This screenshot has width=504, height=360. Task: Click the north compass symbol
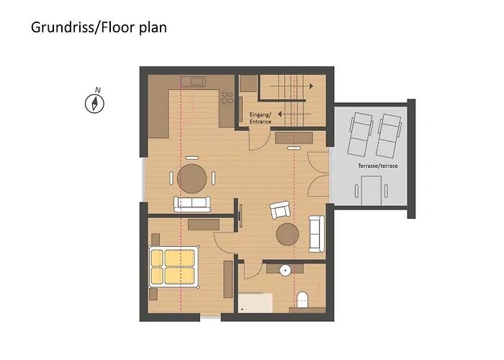pyautogui.click(x=95, y=102)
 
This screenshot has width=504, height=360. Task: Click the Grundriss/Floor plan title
pyautogui.click(x=99, y=28)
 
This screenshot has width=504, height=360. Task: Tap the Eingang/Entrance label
pyautogui.click(x=261, y=118)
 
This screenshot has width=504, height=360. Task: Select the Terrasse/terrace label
pyautogui.click(x=378, y=166)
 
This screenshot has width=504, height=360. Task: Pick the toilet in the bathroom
pyautogui.click(x=303, y=298)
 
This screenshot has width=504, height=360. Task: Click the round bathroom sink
pyautogui.click(x=286, y=271)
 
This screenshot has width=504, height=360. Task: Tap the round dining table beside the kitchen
pyautogui.click(x=192, y=177)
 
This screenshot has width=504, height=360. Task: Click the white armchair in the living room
pyautogui.click(x=280, y=210)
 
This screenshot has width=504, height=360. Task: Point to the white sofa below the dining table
pyautogui.click(x=192, y=204)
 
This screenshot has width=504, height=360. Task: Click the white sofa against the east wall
pyautogui.click(x=315, y=233)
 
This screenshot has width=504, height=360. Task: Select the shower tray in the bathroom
pyautogui.click(x=256, y=301)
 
